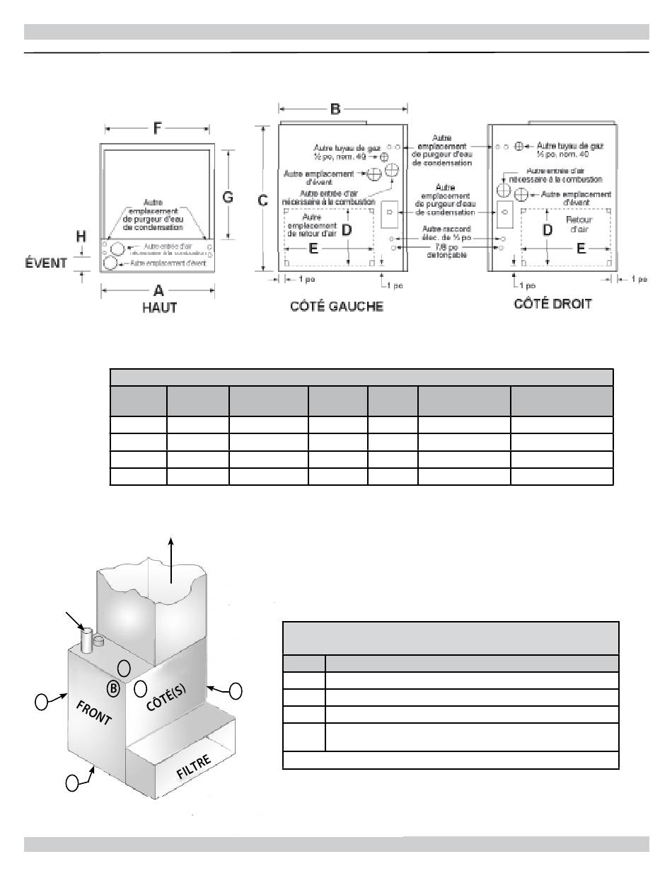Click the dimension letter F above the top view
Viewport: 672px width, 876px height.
[156, 130]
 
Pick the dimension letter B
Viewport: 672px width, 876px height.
[335, 109]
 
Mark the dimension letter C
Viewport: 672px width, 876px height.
[262, 200]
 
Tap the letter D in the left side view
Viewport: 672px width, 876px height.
[347, 230]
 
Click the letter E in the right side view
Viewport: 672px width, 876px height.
[581, 248]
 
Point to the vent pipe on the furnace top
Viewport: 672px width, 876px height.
[87, 641]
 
